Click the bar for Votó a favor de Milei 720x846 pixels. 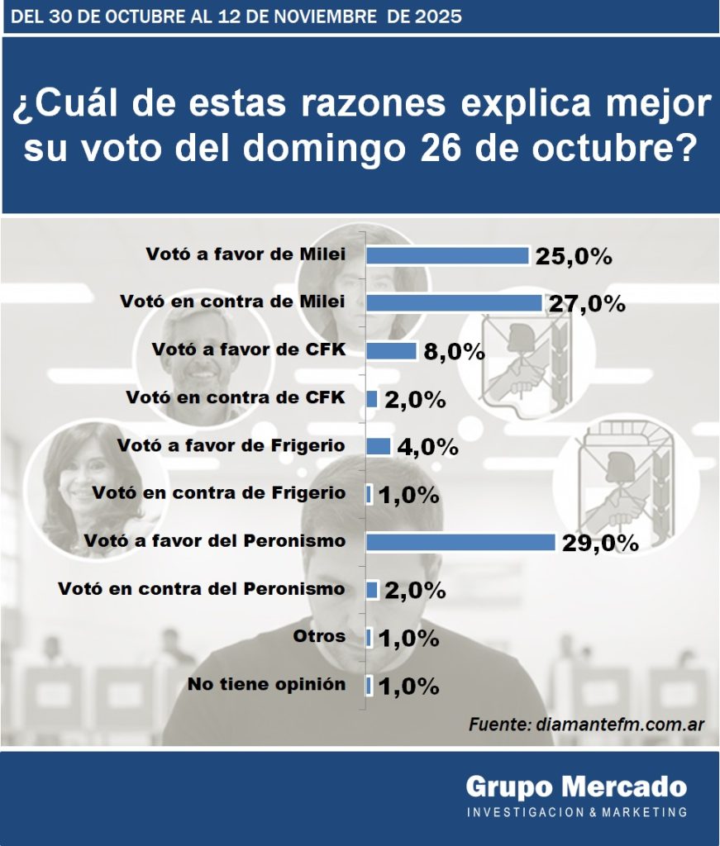pos(447,255)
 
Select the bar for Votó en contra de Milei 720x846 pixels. pos(454,303)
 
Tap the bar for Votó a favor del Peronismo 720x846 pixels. pos(460,542)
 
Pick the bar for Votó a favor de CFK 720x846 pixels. pos(391,351)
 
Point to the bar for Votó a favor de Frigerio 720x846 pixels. pos(379,446)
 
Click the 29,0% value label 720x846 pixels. pos(601,543)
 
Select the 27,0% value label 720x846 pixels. pos(587,304)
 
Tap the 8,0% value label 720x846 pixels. pos(454,352)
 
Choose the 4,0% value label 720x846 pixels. pos(427,447)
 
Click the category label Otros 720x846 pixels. pos(319,636)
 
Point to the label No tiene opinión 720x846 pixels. pos(266,684)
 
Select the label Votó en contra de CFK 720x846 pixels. pos(236,397)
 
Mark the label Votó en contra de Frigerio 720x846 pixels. pos(219,493)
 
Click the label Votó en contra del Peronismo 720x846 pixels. pos(202,589)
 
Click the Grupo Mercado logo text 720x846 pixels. pos(575,786)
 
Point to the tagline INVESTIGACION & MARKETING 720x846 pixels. pos(576,812)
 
